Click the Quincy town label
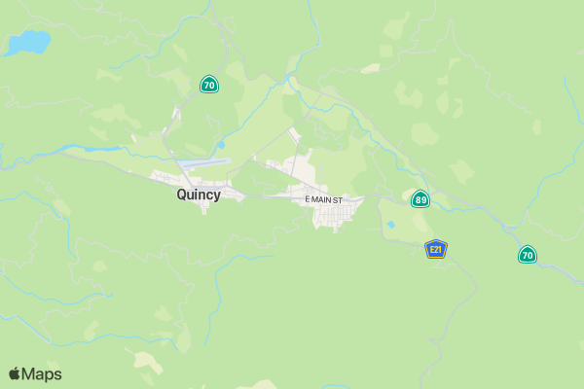tap(199, 194)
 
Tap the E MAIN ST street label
tap(324, 199)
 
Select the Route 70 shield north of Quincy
tap(208, 85)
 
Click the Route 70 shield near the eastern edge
tap(527, 255)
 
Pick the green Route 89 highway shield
tap(420, 199)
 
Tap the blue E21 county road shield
tap(436, 250)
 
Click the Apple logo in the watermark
tap(15, 373)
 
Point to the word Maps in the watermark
tap(42, 374)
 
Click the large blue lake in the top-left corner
tap(29, 43)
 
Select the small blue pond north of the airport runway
tap(221, 145)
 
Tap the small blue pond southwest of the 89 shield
tap(390, 225)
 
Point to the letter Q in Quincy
tap(182, 194)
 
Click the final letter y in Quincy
tap(217, 196)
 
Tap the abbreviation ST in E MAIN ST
tap(338, 199)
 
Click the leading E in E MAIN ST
tap(308, 199)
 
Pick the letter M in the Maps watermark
tap(29, 374)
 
